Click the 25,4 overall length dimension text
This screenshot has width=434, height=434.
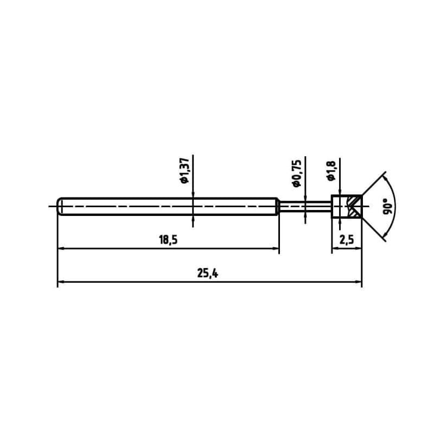pos(208,274)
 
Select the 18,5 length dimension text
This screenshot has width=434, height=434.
pos(168,240)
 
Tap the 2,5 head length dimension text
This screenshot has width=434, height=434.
pos(347,240)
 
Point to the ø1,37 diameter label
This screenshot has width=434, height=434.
pos(184,170)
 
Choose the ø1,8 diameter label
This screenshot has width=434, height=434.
pos(330,170)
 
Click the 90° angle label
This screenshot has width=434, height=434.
pos(387,207)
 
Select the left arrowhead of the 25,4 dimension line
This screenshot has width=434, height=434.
pos(61,282)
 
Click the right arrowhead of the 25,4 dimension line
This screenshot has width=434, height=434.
pos(358,282)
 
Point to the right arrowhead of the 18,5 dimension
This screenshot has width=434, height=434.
pos(276,249)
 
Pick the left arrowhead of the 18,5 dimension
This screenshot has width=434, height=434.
pos(61,249)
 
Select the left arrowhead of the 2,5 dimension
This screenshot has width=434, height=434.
pos(335,249)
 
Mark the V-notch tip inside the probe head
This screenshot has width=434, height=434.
pos(350,207)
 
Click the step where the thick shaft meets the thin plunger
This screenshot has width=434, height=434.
pos(278,207)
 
